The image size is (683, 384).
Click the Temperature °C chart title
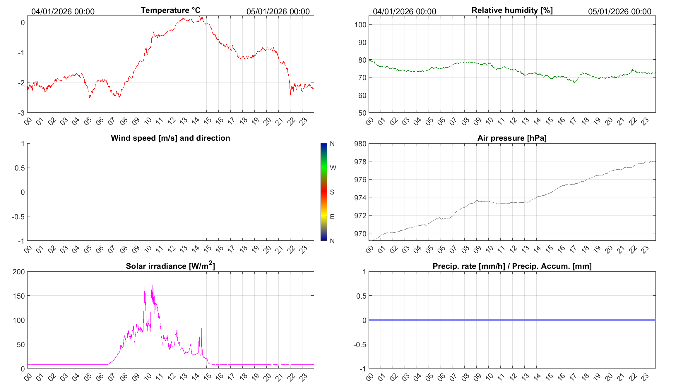[x=170, y=10]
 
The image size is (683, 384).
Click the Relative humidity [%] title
[x=512, y=10]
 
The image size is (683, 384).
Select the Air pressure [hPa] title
[x=512, y=138]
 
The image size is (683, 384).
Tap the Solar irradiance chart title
[x=170, y=266]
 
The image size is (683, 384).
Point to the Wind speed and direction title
[x=170, y=138]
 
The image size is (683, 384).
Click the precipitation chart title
[x=512, y=266]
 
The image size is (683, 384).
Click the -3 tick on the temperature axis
[x=21, y=113]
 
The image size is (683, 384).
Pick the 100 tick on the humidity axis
[x=360, y=25]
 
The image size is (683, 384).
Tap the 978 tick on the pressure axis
[x=360, y=162]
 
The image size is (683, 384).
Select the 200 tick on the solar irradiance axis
[x=19, y=272]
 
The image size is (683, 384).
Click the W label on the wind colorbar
[x=333, y=168]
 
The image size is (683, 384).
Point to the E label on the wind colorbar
[x=332, y=217]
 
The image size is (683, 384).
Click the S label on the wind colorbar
[x=332, y=192]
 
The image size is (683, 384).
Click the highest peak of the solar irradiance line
[x=153, y=286]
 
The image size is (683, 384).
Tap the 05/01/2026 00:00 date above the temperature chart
[x=278, y=11]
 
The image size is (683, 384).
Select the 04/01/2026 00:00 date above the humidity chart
[x=404, y=11]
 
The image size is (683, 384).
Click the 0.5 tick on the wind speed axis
[x=20, y=168]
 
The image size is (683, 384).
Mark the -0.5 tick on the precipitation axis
[x=360, y=345]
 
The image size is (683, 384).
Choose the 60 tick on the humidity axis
[x=362, y=95]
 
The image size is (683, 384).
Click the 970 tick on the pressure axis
[x=360, y=234]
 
